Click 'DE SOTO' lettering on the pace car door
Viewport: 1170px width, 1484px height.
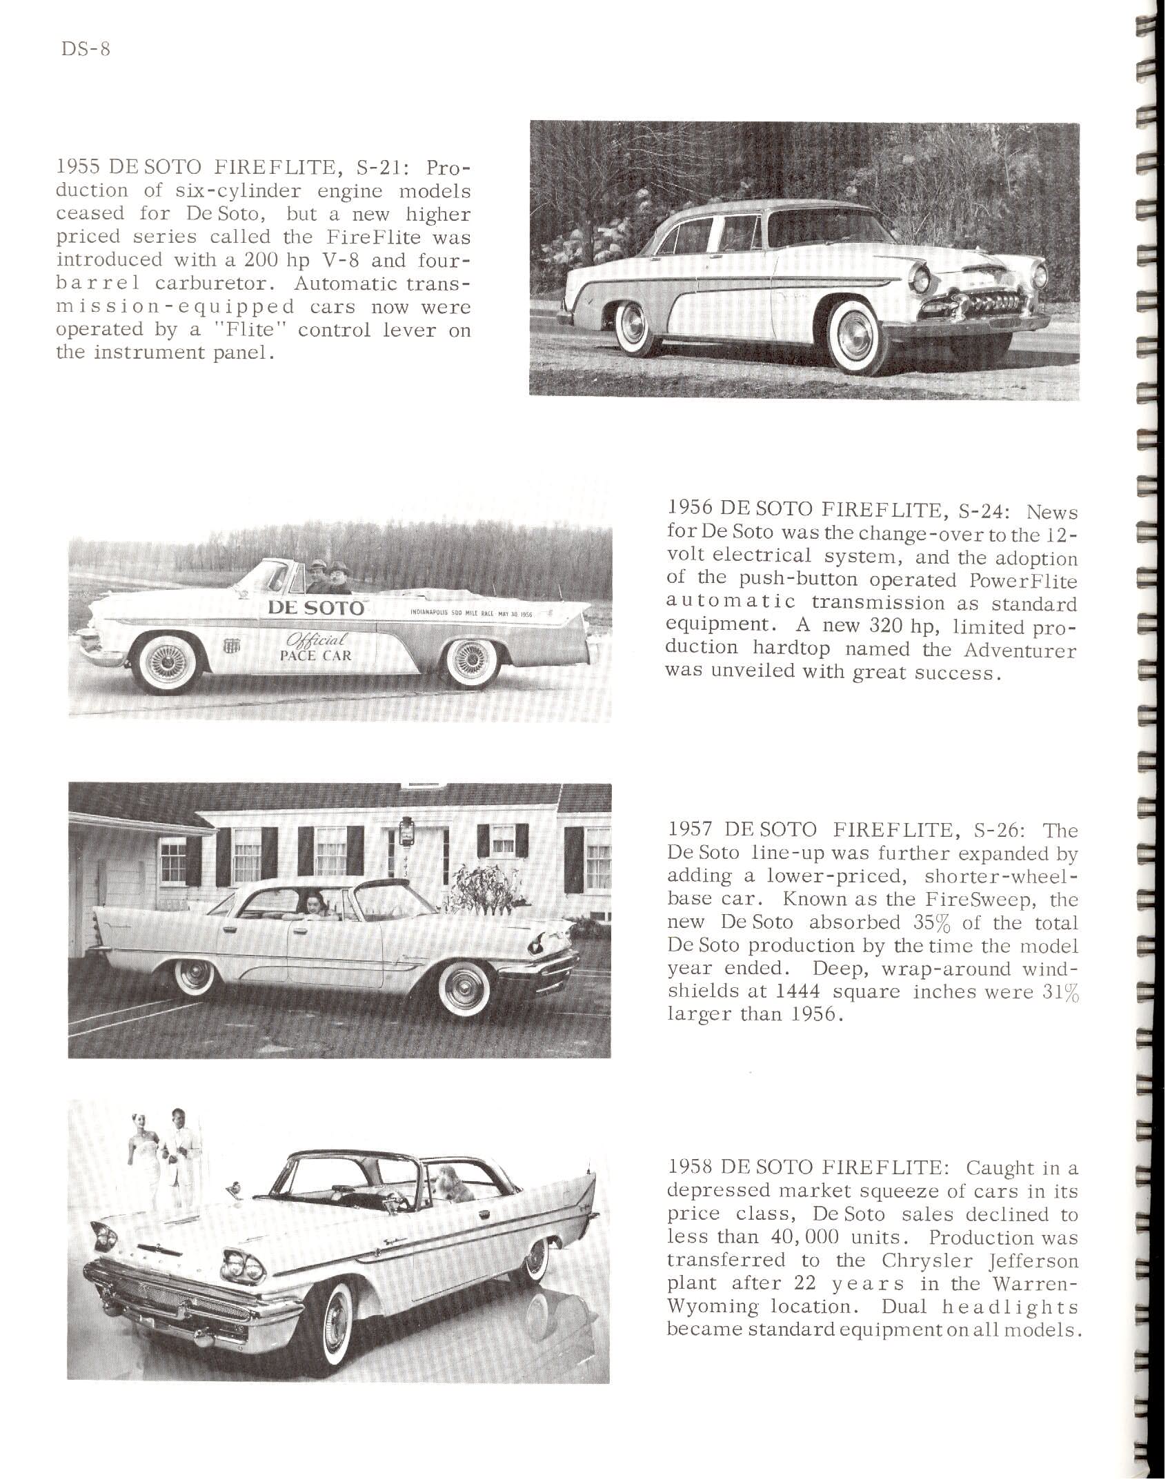(x=315, y=608)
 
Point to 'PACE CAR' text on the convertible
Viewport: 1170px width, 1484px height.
(x=315, y=655)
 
